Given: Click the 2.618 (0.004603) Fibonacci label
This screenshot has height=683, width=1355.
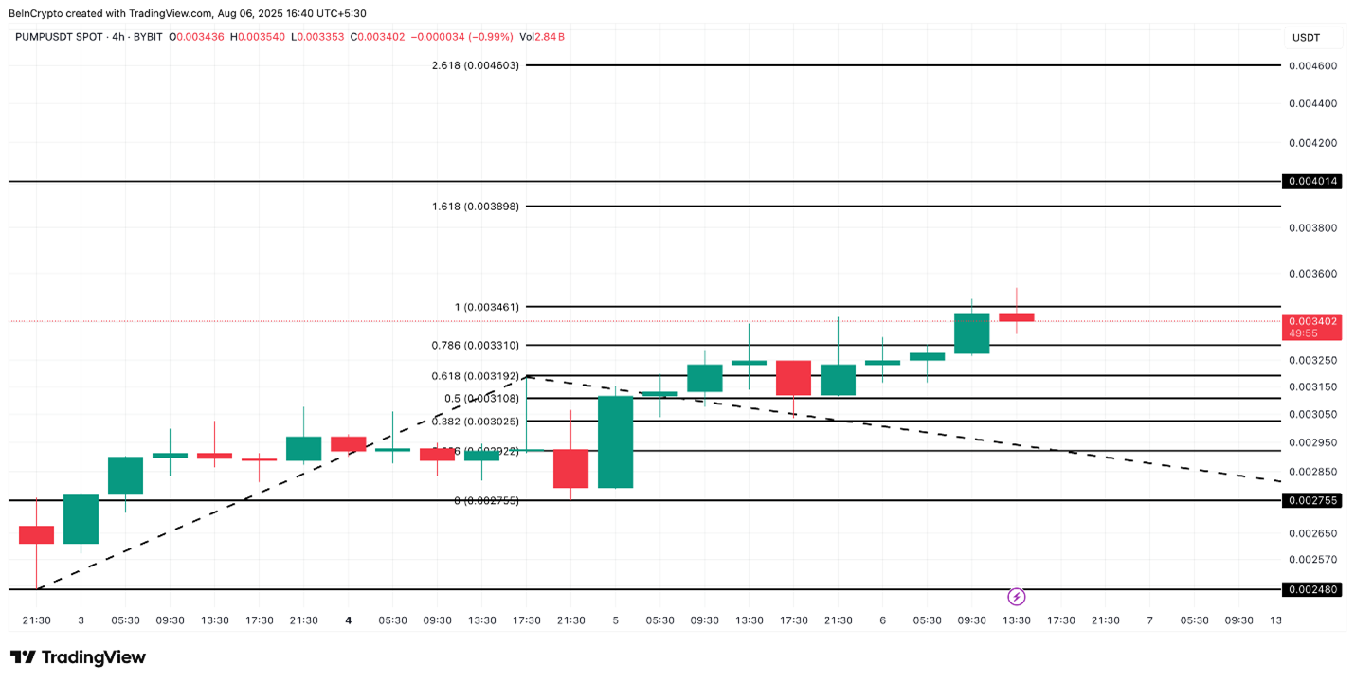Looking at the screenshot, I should coord(475,65).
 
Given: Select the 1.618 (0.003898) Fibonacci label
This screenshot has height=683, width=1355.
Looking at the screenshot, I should coord(475,206).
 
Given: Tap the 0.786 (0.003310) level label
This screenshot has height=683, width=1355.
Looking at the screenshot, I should coord(475,345).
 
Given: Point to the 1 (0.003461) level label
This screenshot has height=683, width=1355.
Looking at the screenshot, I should coord(487,307).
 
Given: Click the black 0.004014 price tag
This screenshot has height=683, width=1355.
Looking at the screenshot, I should coord(1311,181).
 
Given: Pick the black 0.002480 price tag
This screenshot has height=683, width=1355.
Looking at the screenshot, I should coord(1311,589).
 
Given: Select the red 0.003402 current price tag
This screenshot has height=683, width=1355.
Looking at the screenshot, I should coord(1311,321).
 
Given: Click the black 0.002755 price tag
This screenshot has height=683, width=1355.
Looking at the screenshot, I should coord(1311,500).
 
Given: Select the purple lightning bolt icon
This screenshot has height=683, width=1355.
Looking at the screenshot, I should coord(1016,597).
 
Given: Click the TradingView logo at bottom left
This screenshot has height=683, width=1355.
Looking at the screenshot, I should coord(78,656).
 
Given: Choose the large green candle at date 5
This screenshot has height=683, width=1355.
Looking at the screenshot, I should coord(615,441).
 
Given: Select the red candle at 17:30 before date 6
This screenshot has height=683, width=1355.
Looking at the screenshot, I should coord(793,377).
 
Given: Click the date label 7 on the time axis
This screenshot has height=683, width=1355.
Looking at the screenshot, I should coord(1149,620).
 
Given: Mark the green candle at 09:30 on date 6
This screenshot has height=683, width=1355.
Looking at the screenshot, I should coord(971,333).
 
